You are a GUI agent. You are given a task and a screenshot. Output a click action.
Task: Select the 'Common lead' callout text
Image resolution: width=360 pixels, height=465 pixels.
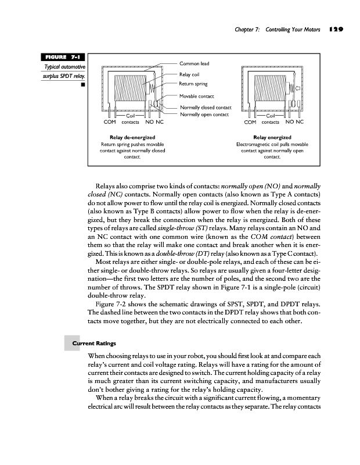point(194,63)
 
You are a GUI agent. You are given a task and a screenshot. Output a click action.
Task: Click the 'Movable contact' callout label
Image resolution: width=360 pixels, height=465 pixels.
point(197,96)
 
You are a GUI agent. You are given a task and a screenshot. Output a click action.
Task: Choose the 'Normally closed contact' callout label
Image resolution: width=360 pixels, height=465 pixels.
point(206,108)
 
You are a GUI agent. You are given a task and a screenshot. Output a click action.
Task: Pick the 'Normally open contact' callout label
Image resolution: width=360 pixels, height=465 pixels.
point(203,114)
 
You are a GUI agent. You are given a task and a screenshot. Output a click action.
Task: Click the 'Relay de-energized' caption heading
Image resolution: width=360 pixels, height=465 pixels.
point(132,137)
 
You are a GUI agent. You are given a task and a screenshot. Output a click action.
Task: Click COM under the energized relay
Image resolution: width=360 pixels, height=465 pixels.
point(250,123)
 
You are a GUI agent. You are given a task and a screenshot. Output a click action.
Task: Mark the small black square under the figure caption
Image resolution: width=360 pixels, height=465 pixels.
point(83,85)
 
